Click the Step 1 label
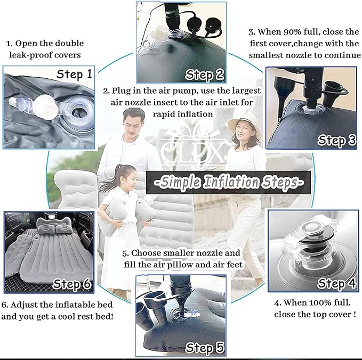point(74,74)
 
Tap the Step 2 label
point(205,75)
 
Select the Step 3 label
point(336,140)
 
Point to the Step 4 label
point(336,283)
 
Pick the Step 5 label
point(205,348)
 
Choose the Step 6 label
point(72,284)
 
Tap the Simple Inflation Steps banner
point(229,182)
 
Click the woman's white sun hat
point(245,126)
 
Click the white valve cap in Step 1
point(45,107)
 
